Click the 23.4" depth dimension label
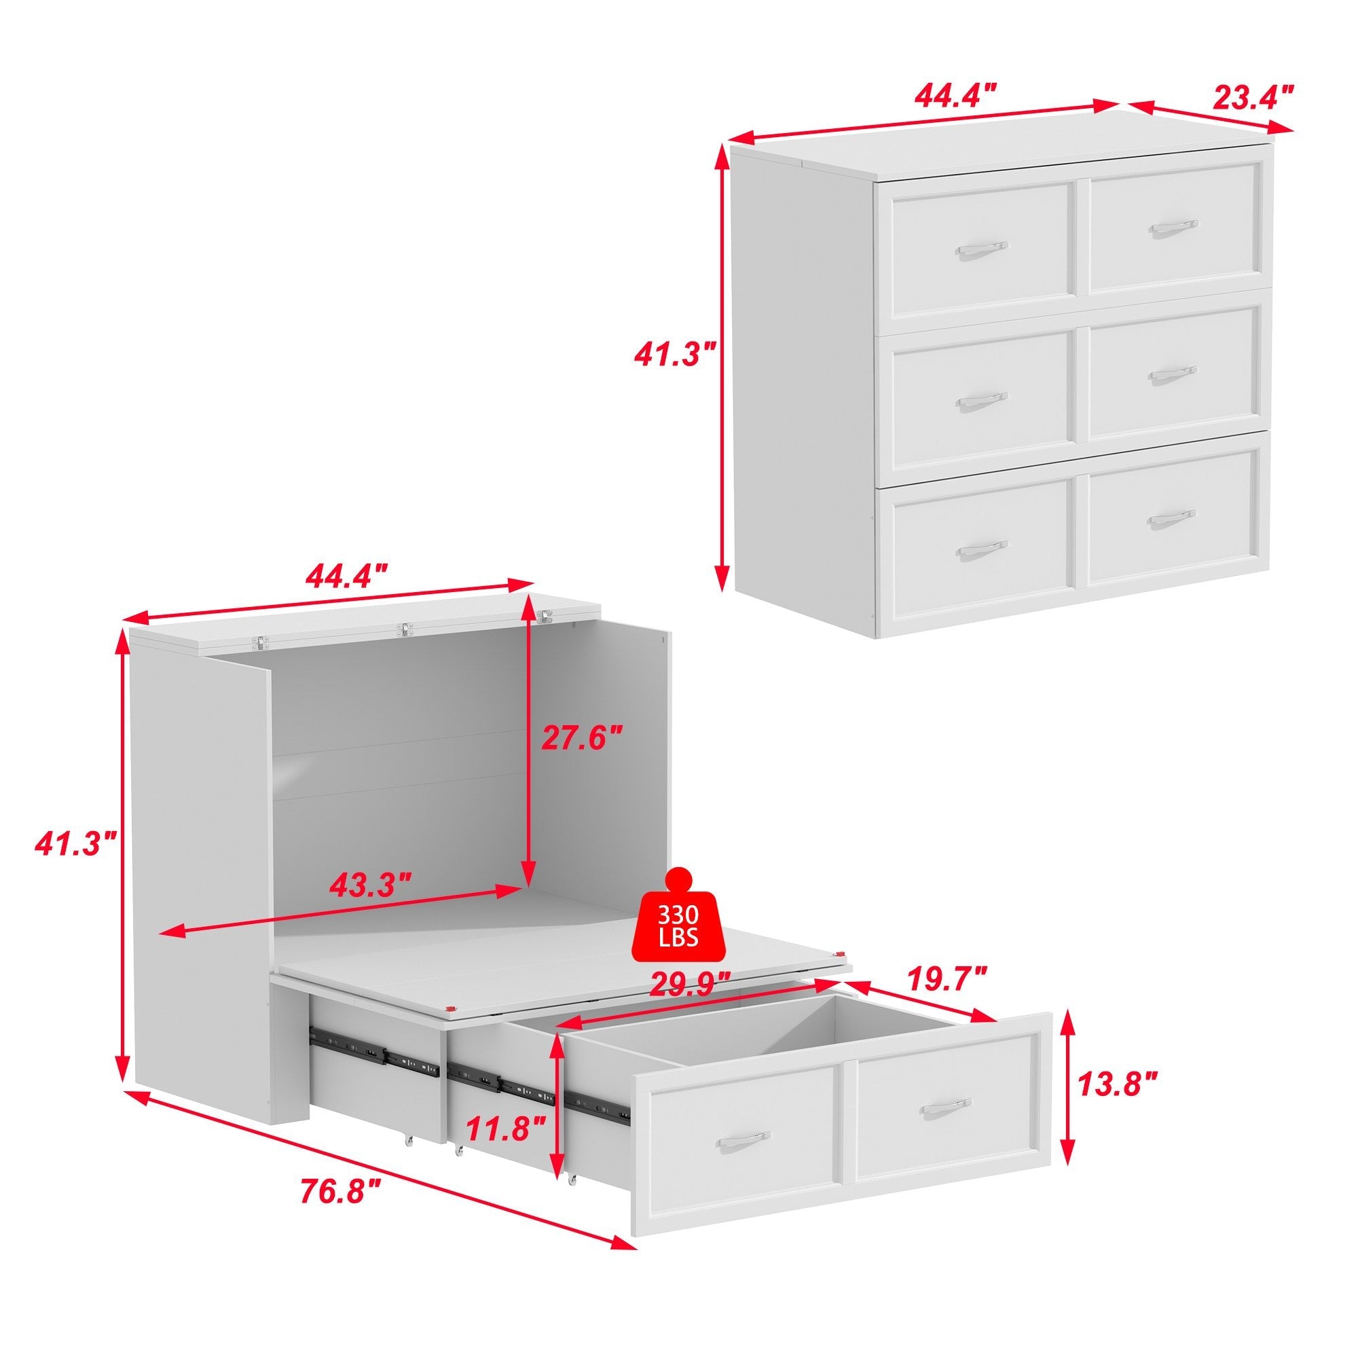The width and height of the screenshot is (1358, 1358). coord(1252,96)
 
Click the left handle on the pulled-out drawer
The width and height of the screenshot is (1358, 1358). coord(742,1139)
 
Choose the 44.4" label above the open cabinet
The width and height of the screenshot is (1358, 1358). coord(347,579)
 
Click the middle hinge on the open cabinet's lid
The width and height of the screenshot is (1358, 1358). coord(403,627)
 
